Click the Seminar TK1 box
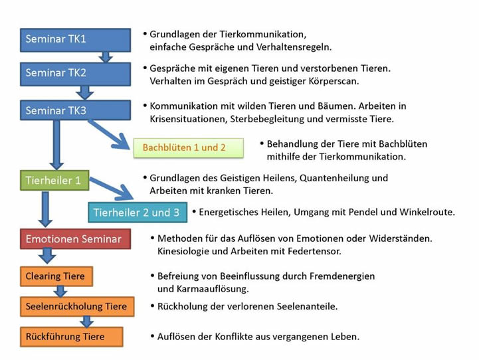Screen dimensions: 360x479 [x=75, y=39]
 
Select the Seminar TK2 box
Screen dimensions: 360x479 [x=75, y=73]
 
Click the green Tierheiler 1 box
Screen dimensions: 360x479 [x=54, y=181]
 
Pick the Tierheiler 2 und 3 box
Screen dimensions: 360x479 [x=136, y=213]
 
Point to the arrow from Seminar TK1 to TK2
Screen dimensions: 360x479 [x=104, y=56]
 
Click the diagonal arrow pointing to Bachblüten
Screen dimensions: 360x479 [x=110, y=133]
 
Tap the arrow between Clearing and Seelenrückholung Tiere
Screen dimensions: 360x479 [x=60, y=291]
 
